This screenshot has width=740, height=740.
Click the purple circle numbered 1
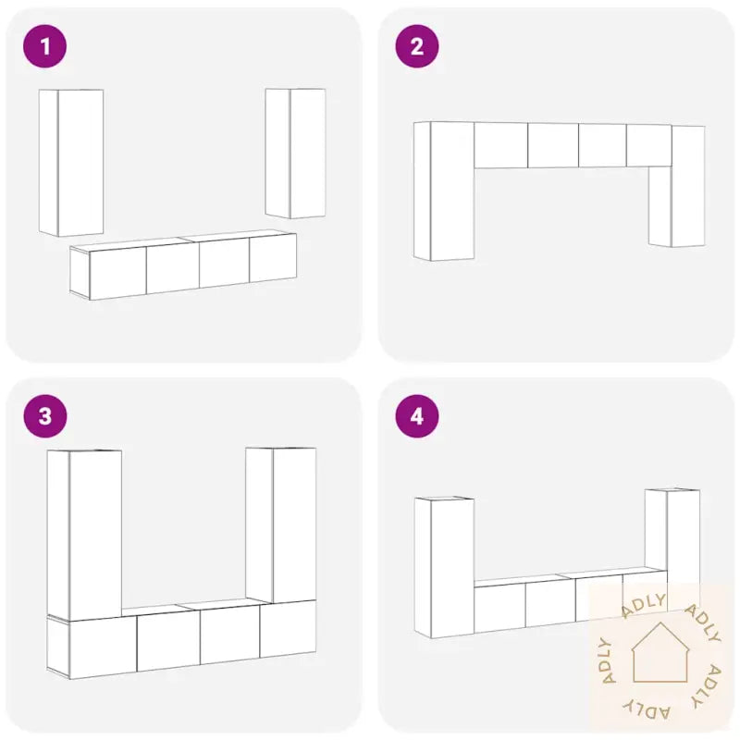click(x=44, y=46)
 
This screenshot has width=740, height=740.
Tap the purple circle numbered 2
click(x=417, y=46)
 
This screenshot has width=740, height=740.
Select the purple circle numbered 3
click(x=44, y=416)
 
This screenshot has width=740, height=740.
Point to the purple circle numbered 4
click(x=417, y=416)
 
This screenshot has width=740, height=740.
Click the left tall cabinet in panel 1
click(x=71, y=163)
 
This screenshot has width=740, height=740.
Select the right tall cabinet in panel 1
click(x=295, y=154)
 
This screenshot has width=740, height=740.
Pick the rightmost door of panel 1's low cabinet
click(x=273, y=258)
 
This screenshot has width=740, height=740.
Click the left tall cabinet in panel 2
click(x=444, y=191)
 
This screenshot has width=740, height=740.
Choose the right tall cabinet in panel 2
click(x=677, y=186)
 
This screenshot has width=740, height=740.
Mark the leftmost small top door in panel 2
click(x=500, y=145)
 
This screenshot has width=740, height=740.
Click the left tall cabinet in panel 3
click(x=84, y=536)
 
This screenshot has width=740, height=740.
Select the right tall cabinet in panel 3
click(x=281, y=524)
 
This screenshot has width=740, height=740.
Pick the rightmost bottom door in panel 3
click(x=288, y=629)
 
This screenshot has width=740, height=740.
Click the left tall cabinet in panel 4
click(x=445, y=567)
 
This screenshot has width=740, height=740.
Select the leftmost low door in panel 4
click(x=499, y=608)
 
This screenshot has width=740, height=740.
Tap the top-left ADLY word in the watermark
click(x=644, y=605)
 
